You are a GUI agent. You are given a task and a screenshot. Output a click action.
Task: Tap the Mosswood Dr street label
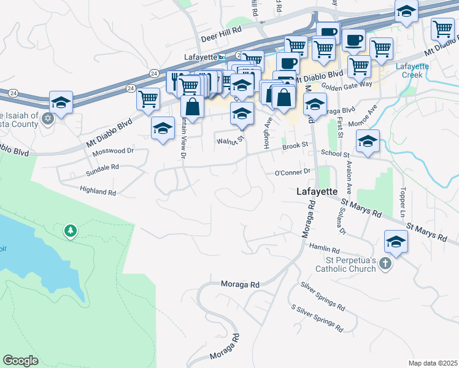pyautogui.click(x=113, y=150)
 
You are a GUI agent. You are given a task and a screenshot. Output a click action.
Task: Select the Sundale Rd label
pyautogui.click(x=101, y=167)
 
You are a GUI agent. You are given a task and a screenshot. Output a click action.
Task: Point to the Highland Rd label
pyautogui.click(x=98, y=192)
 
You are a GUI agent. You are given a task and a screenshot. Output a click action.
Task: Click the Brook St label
pyautogui.click(x=295, y=147)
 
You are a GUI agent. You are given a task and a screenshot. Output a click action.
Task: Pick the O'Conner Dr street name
pyautogui.click(x=293, y=172)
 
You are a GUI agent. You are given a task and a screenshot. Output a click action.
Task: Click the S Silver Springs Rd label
pyautogui.click(x=317, y=316)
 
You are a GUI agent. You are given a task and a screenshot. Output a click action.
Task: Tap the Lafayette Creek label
pyautogui.click(x=412, y=71)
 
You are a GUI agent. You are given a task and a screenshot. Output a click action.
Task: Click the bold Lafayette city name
pyautogui.click(x=317, y=191)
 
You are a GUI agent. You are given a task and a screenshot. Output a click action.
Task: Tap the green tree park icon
pyautogui.click(x=71, y=231)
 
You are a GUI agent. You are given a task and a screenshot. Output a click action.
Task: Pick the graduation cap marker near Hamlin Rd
pyautogui.click(x=396, y=242)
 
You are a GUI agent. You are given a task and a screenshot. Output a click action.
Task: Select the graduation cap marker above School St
pyautogui.click(x=368, y=142)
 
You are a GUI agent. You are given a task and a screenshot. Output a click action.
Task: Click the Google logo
pyautogui.click(x=21, y=361)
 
